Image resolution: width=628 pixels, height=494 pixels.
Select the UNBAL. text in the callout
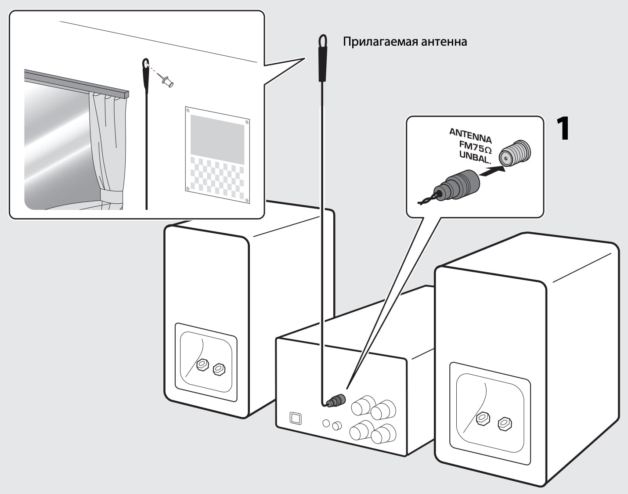(474, 157)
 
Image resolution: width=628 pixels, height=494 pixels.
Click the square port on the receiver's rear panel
(296, 418)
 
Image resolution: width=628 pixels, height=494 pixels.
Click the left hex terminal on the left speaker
(202, 364)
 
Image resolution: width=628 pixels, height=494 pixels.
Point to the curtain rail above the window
(75, 82)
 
